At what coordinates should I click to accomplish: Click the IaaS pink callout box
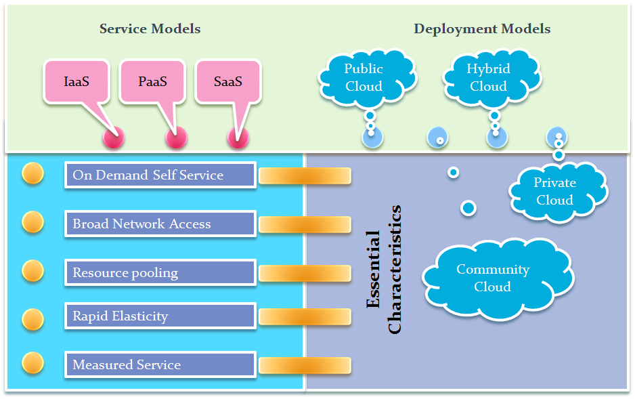click(76, 82)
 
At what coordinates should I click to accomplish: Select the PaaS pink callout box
click(152, 82)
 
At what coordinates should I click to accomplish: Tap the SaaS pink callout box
click(228, 82)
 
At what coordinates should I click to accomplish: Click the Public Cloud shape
click(364, 77)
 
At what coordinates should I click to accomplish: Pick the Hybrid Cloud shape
click(488, 77)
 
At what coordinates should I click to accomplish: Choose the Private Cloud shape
click(555, 191)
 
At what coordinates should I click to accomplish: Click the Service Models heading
click(150, 28)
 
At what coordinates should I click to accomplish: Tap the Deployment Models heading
click(482, 28)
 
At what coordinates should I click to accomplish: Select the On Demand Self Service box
click(160, 175)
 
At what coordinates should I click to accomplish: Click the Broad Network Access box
click(160, 224)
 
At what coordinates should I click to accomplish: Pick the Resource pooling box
click(160, 273)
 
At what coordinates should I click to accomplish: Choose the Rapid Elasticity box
click(160, 316)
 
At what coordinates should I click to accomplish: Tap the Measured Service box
click(160, 364)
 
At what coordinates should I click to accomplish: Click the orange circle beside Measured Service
click(32, 362)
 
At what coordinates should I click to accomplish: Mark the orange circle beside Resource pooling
click(32, 270)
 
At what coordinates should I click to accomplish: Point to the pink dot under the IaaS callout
click(113, 138)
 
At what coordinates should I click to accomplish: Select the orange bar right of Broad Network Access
click(305, 224)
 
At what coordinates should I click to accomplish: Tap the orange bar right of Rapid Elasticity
click(305, 316)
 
